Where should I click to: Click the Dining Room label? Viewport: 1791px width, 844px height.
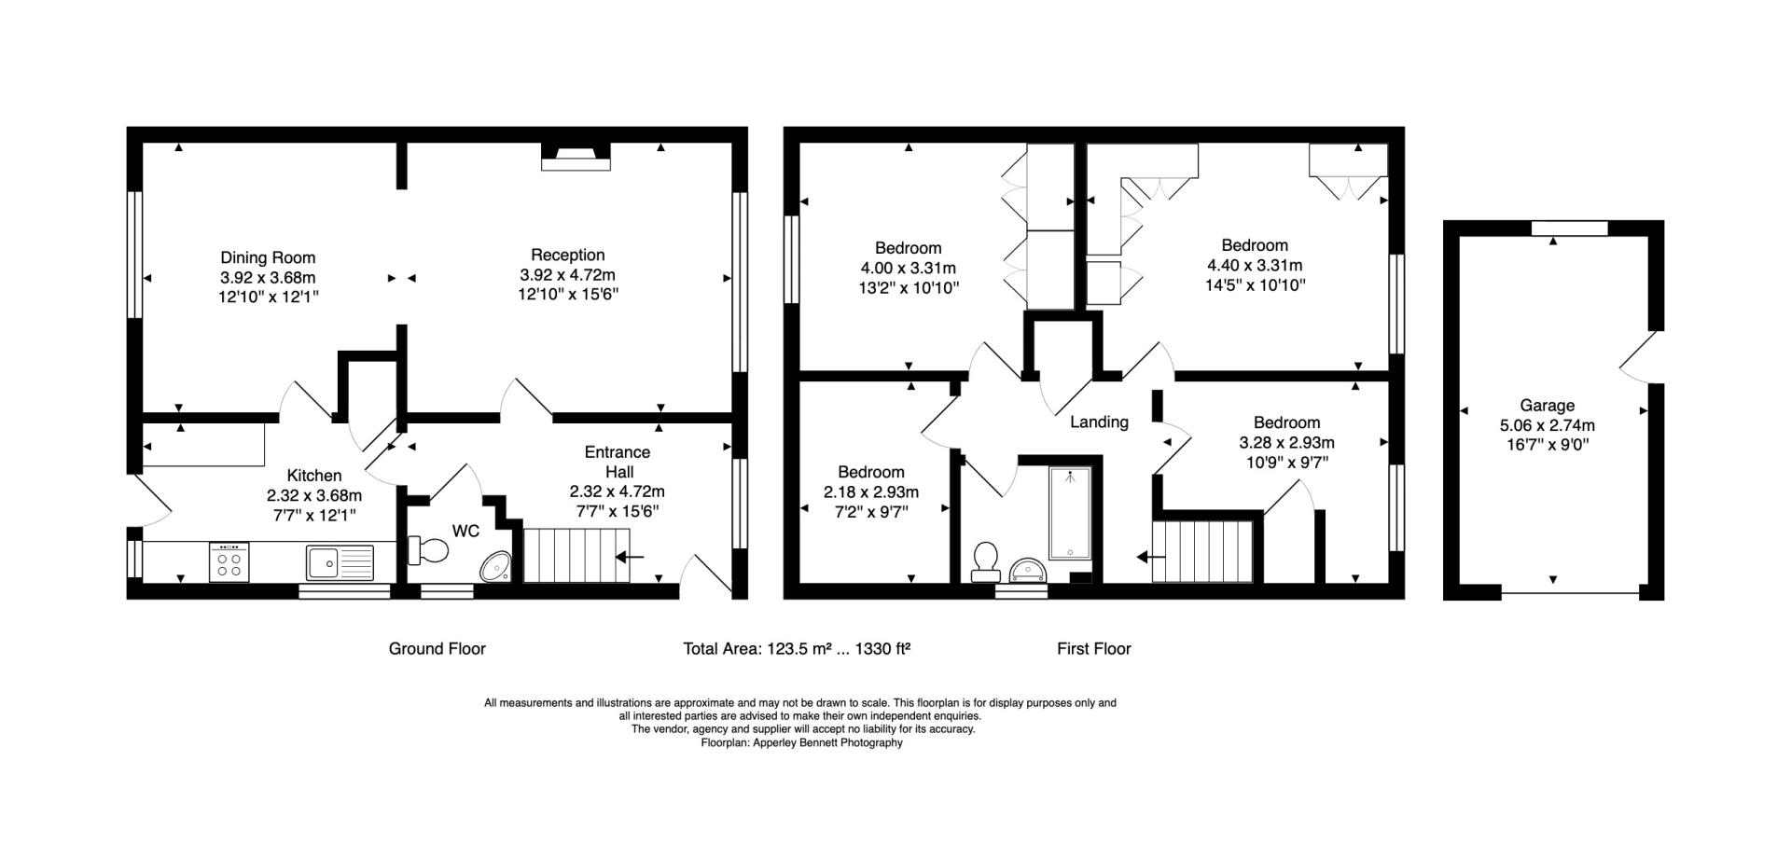(x=268, y=257)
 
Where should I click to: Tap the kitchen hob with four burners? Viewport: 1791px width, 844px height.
(x=229, y=562)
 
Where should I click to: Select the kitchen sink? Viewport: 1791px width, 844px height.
(x=339, y=562)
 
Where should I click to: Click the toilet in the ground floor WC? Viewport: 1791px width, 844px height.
(x=428, y=550)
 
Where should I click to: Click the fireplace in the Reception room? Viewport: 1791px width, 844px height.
(x=576, y=157)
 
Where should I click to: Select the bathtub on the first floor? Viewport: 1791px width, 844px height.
(x=1070, y=513)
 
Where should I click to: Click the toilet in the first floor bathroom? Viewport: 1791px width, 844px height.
(x=984, y=561)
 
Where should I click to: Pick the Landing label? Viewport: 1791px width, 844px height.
(x=1099, y=422)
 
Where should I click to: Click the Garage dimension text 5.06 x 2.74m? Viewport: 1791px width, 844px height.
(x=1547, y=425)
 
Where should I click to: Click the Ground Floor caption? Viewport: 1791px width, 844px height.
(x=437, y=648)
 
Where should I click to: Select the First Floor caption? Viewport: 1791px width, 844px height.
(x=1093, y=648)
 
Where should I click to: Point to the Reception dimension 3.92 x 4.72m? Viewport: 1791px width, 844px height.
(x=567, y=275)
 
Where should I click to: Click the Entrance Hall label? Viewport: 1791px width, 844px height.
(x=617, y=462)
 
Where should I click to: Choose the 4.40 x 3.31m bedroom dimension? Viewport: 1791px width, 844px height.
(x=1255, y=266)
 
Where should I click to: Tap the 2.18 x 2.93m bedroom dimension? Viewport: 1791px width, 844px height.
(x=870, y=492)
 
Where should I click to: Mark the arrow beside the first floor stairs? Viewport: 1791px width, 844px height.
(x=1150, y=558)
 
